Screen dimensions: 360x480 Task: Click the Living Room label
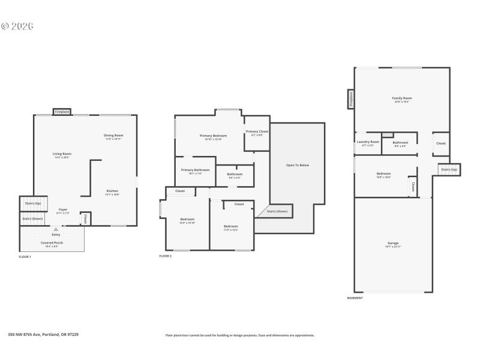click(x=62, y=154)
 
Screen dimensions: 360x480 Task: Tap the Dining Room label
click(x=114, y=136)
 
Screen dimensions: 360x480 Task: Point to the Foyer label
click(x=63, y=210)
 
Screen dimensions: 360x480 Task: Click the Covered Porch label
click(x=52, y=242)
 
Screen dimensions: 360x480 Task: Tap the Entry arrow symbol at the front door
click(x=56, y=229)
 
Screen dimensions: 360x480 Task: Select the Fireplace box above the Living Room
click(x=62, y=112)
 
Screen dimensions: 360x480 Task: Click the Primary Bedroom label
click(x=213, y=136)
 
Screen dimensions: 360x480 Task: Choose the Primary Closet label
click(x=257, y=131)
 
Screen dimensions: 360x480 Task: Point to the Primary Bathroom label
click(x=195, y=170)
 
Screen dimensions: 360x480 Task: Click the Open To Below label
click(x=298, y=165)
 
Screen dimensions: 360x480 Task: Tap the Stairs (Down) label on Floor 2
click(x=277, y=211)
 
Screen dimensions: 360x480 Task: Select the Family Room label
click(x=402, y=98)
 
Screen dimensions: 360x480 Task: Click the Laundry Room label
click(x=368, y=142)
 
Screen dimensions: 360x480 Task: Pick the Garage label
click(x=393, y=243)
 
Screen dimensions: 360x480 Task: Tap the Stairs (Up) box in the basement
click(x=449, y=170)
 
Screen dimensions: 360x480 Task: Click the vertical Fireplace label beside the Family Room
click(x=351, y=99)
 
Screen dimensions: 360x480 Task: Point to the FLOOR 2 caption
click(x=166, y=256)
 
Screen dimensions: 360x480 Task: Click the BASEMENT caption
click(x=355, y=298)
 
